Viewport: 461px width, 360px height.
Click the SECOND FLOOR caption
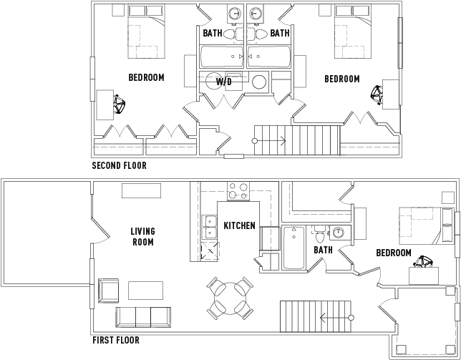tap(119, 165)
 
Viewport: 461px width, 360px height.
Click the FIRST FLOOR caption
tap(116, 340)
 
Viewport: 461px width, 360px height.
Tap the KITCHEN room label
tap(239, 225)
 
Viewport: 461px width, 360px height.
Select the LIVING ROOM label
tap(143, 237)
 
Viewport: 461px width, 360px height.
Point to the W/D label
tap(224, 82)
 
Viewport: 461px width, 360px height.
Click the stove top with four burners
tap(238, 191)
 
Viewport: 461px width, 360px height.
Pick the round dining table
tap(230, 298)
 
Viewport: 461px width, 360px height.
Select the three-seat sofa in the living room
tap(143, 317)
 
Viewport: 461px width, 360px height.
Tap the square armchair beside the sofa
tap(109, 291)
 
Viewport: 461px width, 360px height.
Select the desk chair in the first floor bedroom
tap(423, 262)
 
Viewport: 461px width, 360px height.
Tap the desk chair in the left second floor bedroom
tap(119, 104)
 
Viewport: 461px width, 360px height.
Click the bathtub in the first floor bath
tap(293, 248)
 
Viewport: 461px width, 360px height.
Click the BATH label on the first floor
tap(323, 250)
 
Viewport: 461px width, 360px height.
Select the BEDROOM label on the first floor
tap(394, 253)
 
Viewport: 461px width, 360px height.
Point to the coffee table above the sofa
tap(145, 291)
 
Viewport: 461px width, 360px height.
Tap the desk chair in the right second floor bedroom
tap(377, 95)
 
